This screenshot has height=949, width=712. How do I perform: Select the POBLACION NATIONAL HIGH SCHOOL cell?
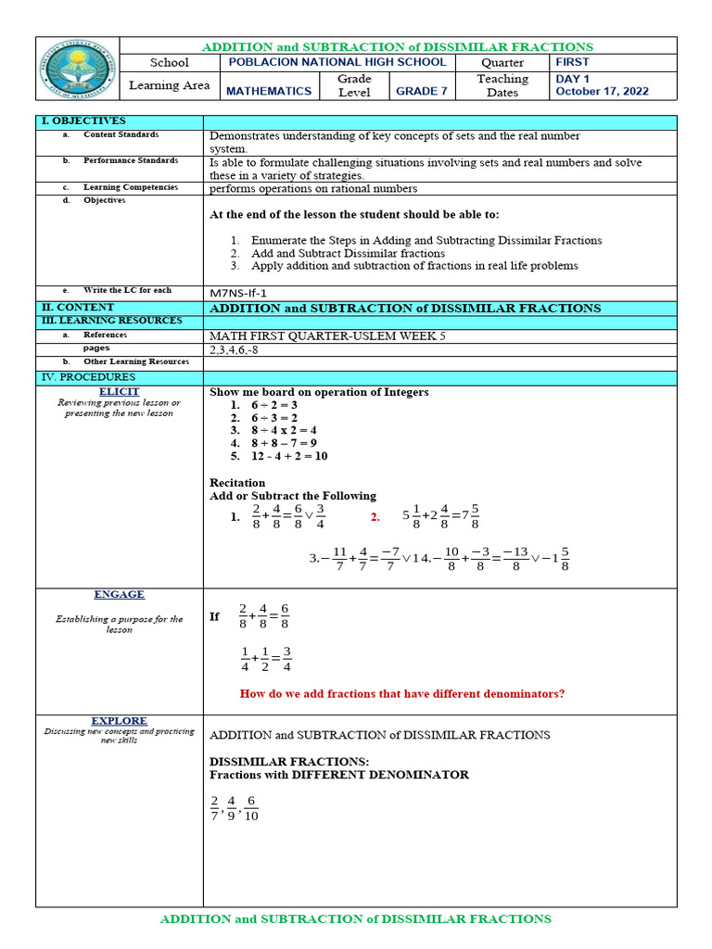(x=337, y=62)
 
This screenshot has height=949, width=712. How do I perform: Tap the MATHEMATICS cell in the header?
(x=269, y=91)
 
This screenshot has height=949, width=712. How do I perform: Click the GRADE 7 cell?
(x=422, y=91)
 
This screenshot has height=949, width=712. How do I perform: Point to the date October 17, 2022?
(x=602, y=92)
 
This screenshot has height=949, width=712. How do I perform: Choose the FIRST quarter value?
(x=572, y=62)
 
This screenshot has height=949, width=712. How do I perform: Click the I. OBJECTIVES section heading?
(x=83, y=121)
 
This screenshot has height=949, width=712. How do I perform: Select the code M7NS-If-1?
(x=245, y=292)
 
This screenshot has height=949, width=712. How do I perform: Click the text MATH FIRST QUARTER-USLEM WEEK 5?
(x=327, y=335)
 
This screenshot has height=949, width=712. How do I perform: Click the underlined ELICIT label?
(x=119, y=392)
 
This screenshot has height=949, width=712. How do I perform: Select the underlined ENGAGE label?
(x=119, y=595)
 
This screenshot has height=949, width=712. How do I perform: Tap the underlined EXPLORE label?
(x=119, y=721)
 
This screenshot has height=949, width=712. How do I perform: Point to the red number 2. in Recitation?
(x=375, y=517)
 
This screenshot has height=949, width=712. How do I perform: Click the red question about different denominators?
(x=401, y=694)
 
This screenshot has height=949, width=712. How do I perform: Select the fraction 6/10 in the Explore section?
(x=250, y=808)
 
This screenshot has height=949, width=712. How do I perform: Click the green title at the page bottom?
(x=356, y=919)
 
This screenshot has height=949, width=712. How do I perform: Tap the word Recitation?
(x=237, y=483)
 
